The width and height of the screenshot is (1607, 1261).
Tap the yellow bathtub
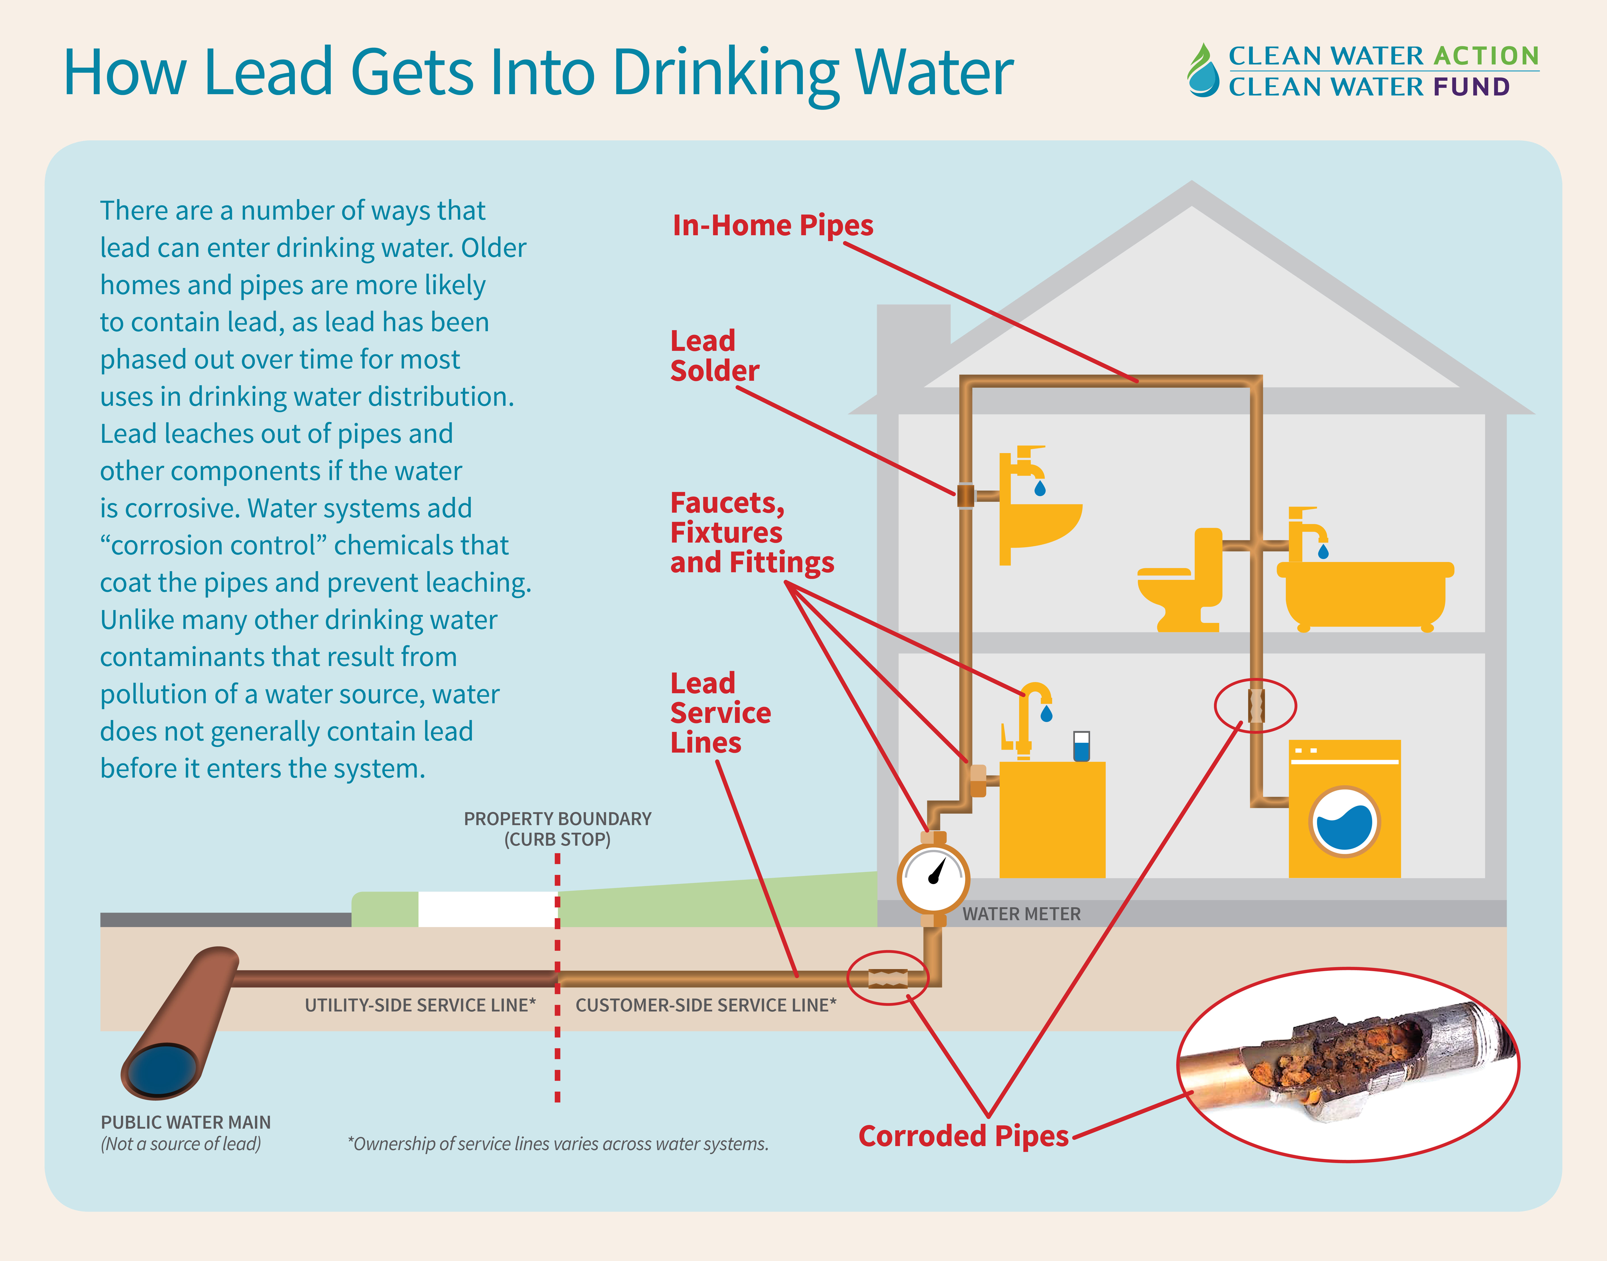1364,594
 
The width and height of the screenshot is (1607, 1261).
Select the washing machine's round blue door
1344,822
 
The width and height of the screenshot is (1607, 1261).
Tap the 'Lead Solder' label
714,356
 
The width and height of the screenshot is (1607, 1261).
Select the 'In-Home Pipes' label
772,225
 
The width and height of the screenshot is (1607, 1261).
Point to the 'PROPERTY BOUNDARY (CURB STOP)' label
557,828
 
